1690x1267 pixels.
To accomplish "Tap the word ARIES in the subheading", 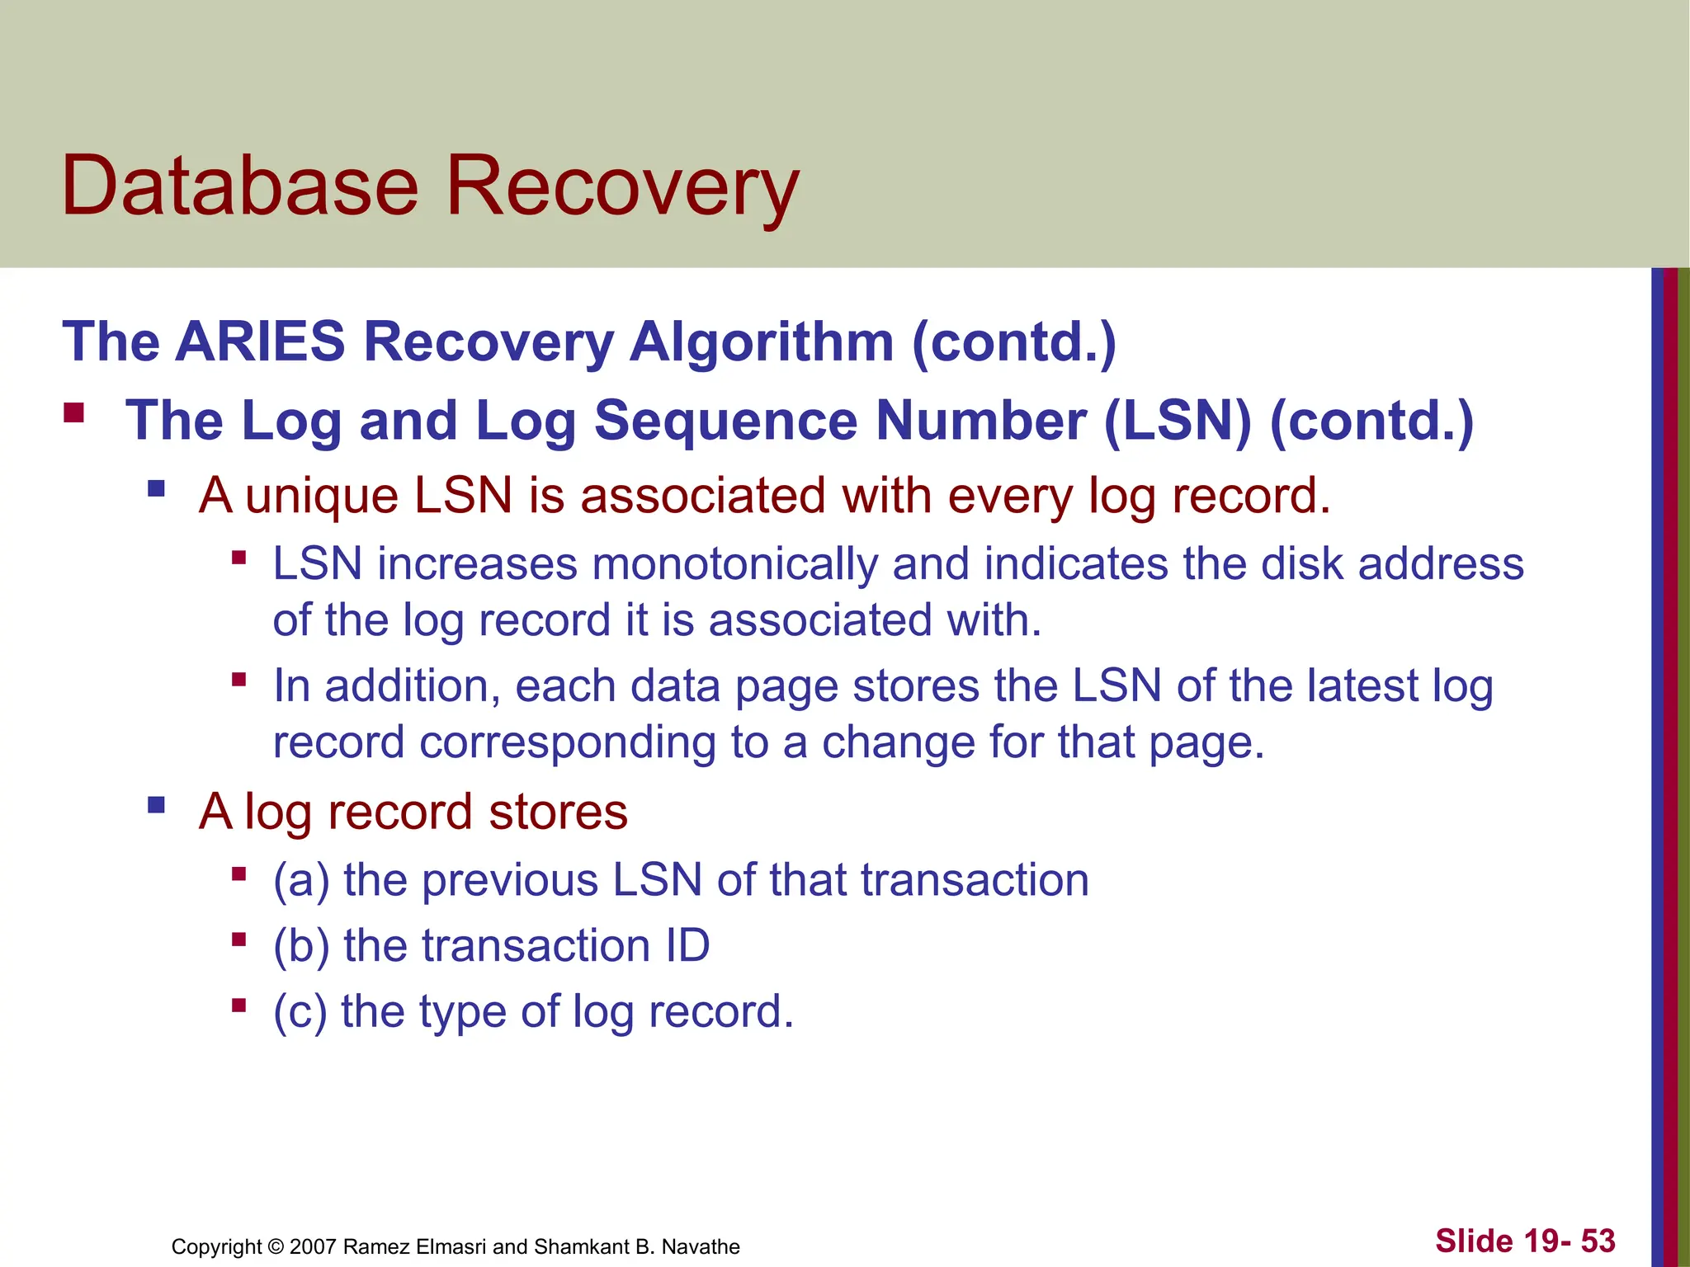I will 260,341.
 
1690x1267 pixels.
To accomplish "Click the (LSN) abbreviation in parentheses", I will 1178,421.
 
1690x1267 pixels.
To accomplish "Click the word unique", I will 322,496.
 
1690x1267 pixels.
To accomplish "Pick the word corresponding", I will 568,743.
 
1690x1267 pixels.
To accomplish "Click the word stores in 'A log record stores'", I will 558,812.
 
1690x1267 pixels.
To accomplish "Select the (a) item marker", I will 301,880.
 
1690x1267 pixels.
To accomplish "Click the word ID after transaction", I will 687,945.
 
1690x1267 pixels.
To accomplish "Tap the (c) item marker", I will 300,1012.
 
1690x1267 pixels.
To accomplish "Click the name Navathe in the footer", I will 701,1246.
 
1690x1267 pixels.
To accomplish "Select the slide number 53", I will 1598,1241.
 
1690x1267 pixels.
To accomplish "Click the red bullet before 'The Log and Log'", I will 74,412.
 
